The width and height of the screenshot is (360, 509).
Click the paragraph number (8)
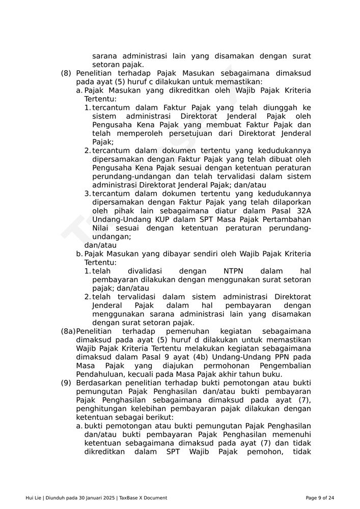point(66,73)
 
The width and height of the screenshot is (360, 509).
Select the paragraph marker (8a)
point(68,331)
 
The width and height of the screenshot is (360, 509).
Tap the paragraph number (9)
point(66,383)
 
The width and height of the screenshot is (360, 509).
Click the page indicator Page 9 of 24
point(320,498)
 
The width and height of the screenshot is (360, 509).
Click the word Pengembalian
point(285,365)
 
